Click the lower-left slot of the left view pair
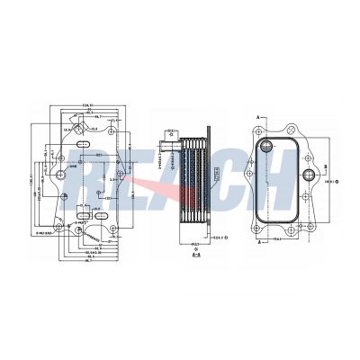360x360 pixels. [79, 218]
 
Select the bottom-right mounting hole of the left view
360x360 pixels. [113, 229]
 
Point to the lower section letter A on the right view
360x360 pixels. [259, 241]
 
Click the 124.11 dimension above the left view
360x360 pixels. [87, 106]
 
